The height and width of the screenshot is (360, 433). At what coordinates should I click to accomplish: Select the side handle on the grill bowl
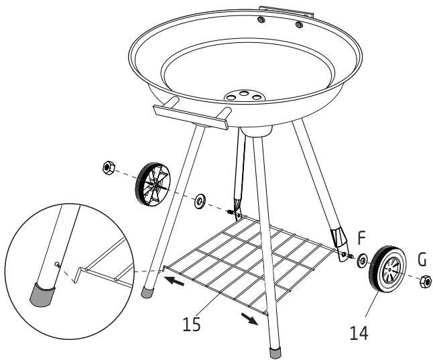point(191,115)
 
